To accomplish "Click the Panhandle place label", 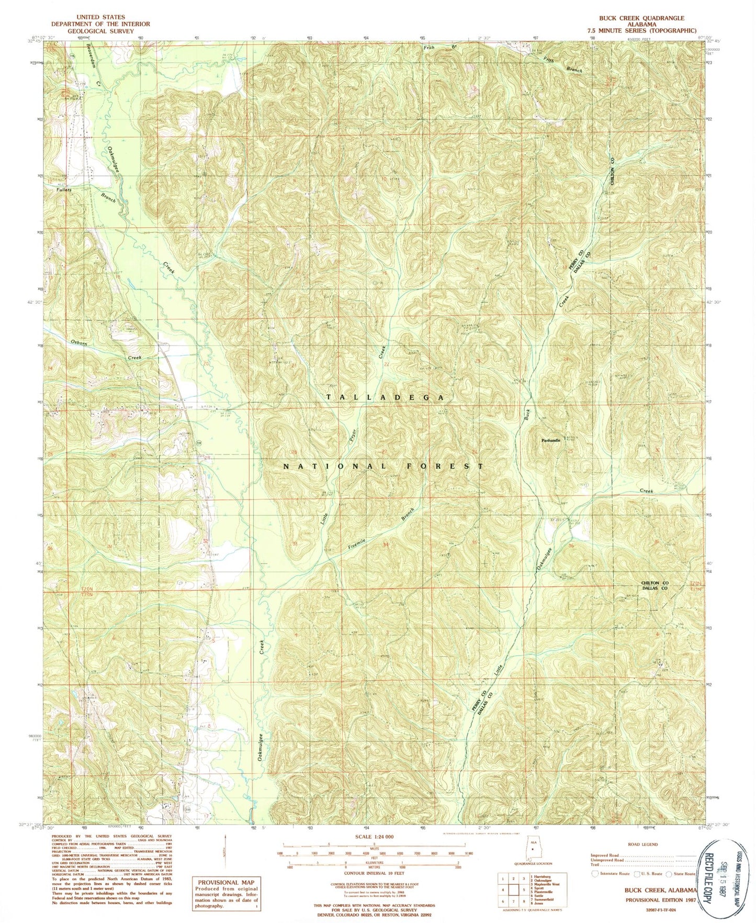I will click(x=550, y=440).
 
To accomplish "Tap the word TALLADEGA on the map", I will click(x=386, y=398).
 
